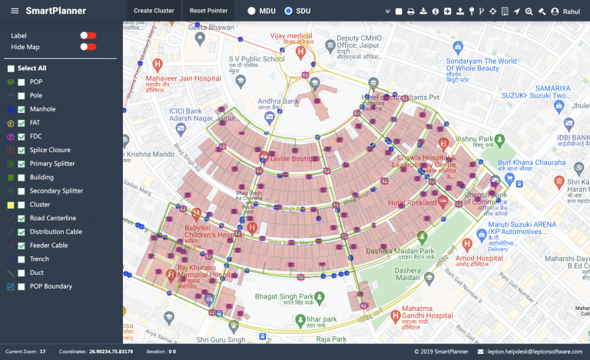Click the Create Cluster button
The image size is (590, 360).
(x=154, y=11)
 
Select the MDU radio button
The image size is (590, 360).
(x=252, y=12)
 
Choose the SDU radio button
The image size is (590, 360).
(x=288, y=12)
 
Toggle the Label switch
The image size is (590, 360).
(x=88, y=35)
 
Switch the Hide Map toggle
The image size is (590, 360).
(x=88, y=47)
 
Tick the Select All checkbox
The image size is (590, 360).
(x=11, y=68)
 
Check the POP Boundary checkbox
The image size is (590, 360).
(x=22, y=286)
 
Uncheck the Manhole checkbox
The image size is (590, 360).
(x=22, y=109)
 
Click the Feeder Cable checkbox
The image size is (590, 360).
(x=22, y=246)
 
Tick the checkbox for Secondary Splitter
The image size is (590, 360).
(x=22, y=191)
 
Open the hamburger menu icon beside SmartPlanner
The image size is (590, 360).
(x=12, y=12)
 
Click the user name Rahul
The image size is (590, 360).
(x=570, y=12)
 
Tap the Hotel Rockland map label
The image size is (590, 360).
(x=412, y=203)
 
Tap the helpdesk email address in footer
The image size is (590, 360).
(x=533, y=352)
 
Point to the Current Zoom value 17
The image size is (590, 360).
(x=43, y=352)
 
